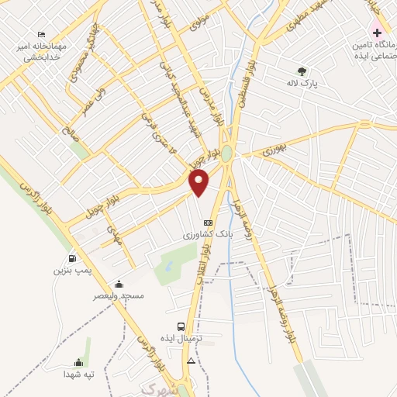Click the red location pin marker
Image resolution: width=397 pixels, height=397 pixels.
click(x=200, y=183)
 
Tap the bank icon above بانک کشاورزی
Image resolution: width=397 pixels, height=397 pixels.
click(x=207, y=223)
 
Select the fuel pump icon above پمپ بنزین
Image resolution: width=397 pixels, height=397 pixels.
click(x=72, y=259)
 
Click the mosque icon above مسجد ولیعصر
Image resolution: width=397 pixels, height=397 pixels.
click(x=118, y=284)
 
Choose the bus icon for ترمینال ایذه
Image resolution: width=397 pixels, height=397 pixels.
click(x=181, y=327)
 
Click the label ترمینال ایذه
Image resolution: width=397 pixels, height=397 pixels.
click(x=188, y=339)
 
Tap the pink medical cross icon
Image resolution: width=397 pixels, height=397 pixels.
click(x=378, y=33)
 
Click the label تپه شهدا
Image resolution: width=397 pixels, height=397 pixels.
click(x=78, y=374)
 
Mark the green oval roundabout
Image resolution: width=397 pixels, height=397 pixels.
click(x=226, y=154)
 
